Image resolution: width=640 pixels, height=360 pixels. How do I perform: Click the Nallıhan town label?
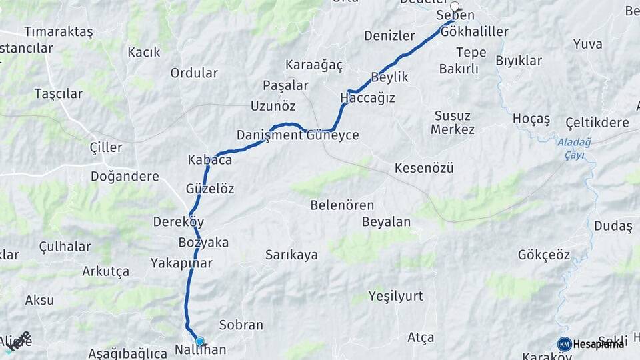(x=200, y=349)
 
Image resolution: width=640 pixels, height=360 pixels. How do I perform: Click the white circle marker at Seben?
(x=455, y=6)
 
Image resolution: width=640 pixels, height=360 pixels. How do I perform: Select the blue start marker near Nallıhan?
(x=199, y=341)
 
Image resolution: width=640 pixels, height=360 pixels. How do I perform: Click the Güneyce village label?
(x=333, y=135)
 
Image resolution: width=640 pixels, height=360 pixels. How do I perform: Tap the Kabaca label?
(x=209, y=160)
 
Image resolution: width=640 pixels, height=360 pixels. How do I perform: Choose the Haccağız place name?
(x=367, y=98)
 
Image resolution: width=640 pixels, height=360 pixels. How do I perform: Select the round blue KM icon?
(x=564, y=344)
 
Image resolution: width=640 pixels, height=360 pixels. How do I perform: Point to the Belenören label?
(x=342, y=205)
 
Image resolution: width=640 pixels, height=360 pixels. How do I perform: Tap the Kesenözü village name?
(x=424, y=168)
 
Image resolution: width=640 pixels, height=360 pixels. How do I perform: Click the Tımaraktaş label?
(x=58, y=32)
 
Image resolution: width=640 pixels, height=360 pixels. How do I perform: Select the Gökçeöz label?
(x=544, y=255)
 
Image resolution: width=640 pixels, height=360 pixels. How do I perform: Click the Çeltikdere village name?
(x=597, y=123)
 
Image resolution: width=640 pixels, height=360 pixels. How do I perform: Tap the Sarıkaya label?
(x=291, y=255)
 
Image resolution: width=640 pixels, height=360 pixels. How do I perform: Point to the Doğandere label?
(x=125, y=177)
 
